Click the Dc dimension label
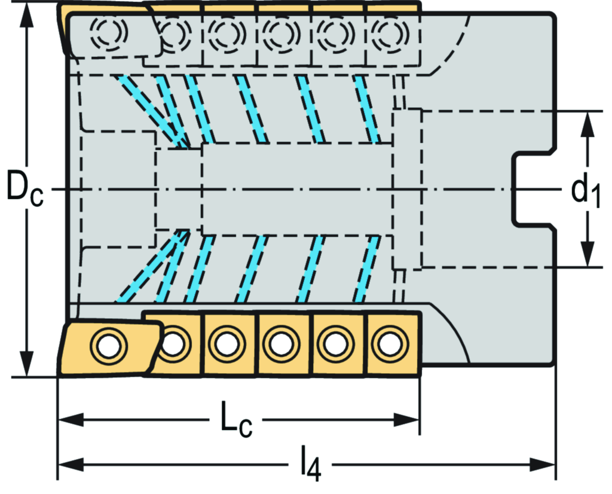coord(24,189)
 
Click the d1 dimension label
coord(585,190)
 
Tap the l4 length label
coord(310,465)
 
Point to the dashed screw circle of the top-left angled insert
coord(108,32)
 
